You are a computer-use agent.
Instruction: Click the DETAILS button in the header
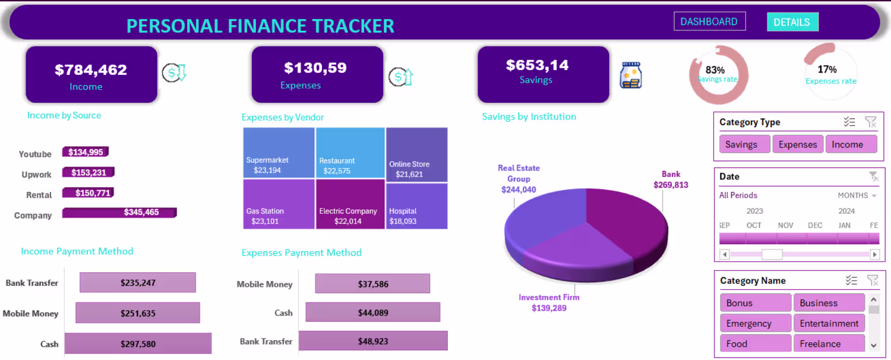tap(792, 22)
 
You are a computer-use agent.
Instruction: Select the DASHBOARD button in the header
tap(709, 21)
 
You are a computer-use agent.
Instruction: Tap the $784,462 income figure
tap(91, 70)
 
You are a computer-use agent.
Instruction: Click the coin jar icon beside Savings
tap(630, 75)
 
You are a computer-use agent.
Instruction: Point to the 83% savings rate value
tap(715, 70)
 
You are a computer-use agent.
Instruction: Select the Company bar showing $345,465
tap(119, 212)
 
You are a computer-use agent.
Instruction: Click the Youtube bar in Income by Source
tap(86, 152)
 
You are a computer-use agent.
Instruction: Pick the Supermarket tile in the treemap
tap(279, 153)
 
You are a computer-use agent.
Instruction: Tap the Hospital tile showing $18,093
tap(416, 206)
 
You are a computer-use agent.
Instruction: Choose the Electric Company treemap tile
tap(350, 204)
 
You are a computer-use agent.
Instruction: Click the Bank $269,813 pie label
tap(671, 179)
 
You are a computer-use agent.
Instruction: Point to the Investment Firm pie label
tap(549, 302)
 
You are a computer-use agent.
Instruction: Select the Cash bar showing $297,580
tap(138, 343)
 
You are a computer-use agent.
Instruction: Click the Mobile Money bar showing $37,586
tap(372, 284)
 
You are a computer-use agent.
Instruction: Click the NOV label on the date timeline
tap(785, 226)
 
